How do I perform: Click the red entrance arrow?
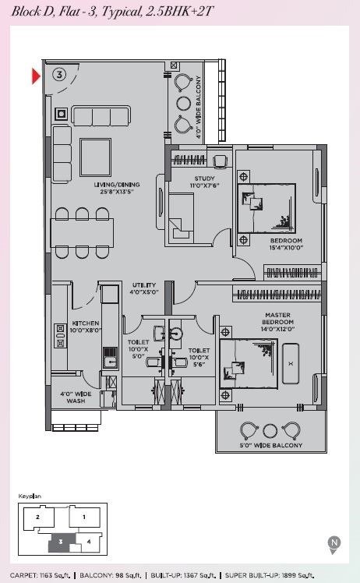point(35,76)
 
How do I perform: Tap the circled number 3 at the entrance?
point(59,74)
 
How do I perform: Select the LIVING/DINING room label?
point(117,188)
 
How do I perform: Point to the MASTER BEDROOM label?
point(277,322)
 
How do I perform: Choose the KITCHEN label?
point(86,327)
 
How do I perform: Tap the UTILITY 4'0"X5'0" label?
point(144,288)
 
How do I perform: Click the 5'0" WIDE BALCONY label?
point(270,445)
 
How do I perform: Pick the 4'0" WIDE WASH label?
point(76,397)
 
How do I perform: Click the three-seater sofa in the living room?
point(101,116)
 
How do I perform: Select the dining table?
point(82,233)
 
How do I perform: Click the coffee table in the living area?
point(96,157)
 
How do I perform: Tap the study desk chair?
point(220,161)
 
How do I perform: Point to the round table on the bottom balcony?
point(270,430)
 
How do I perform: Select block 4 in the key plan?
point(89,542)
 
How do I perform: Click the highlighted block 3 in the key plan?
point(62,542)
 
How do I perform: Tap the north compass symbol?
point(334,544)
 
